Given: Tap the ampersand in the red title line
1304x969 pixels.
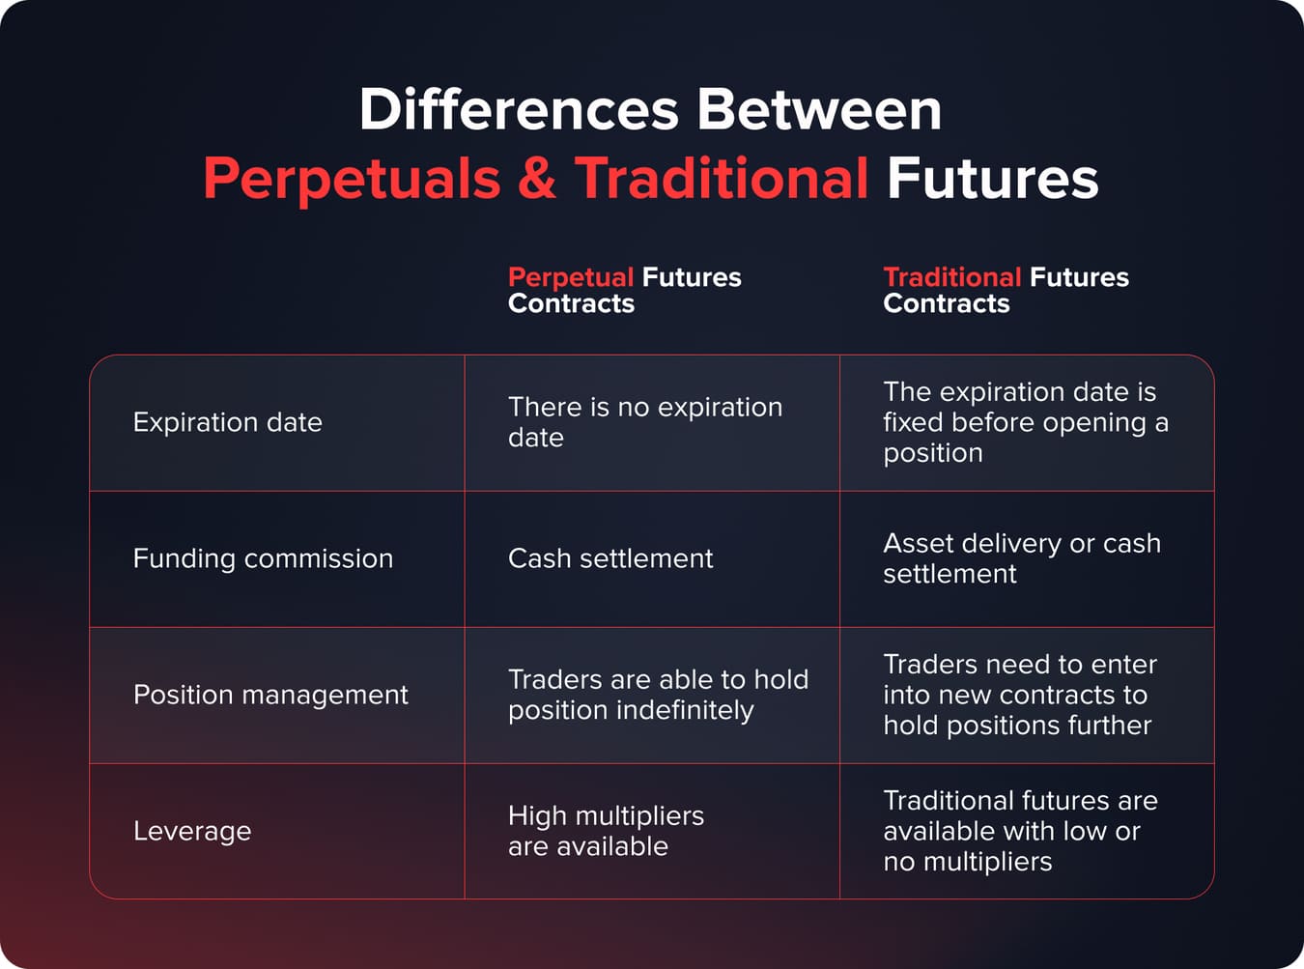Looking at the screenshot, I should (x=537, y=179).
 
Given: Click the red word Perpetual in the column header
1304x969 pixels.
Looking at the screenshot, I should (x=570, y=277).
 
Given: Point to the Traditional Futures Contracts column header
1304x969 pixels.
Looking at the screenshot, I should (x=1005, y=290).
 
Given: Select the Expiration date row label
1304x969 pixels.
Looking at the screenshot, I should (x=227, y=422).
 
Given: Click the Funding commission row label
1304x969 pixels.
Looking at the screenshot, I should (x=263, y=558).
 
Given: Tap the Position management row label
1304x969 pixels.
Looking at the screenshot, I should (x=270, y=695).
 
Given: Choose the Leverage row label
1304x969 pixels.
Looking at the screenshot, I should (x=191, y=831).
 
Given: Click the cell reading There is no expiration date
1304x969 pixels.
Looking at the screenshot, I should (x=644, y=422).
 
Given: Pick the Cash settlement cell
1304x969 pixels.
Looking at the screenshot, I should (x=610, y=558).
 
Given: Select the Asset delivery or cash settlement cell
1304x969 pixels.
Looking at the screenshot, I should (x=1021, y=558).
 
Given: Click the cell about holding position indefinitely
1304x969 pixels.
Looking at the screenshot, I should (x=657, y=695).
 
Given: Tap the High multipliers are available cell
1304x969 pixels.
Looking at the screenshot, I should (x=606, y=831).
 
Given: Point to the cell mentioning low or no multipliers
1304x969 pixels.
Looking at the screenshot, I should (x=1019, y=831).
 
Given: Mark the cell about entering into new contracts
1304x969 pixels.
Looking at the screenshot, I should (x=1019, y=695).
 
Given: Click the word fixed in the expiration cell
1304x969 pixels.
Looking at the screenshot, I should (x=913, y=422).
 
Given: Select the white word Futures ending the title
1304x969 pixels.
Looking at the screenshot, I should (x=992, y=179).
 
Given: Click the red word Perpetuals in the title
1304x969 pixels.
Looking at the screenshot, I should (x=352, y=179).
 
